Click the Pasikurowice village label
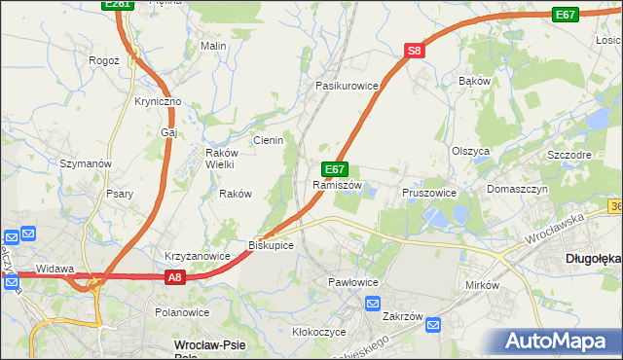[346, 86]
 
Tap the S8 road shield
[415, 52]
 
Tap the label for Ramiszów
[337, 185]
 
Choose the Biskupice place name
[271, 244]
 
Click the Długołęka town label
[593, 259]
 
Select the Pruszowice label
[429, 193]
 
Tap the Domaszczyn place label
[518, 188]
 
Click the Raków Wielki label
[220, 158]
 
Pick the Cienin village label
[269, 140]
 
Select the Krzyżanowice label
[197, 256]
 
